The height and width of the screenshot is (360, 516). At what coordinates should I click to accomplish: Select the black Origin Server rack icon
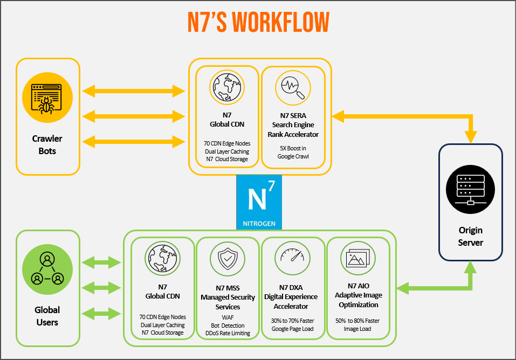pyautogui.click(x=470, y=190)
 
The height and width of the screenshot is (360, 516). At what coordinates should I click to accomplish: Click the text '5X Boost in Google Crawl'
pyautogui.click(x=293, y=152)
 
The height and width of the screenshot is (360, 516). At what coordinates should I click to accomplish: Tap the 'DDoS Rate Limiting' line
pyautogui.click(x=228, y=333)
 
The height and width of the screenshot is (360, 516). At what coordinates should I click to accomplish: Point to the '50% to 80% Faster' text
pyautogui.click(x=358, y=321)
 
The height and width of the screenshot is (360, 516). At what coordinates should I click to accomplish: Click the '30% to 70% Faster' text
pyautogui.click(x=293, y=321)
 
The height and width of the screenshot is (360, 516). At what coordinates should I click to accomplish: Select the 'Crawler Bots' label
pyautogui.click(x=47, y=145)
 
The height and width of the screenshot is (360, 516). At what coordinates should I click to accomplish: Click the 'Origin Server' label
pyautogui.click(x=470, y=237)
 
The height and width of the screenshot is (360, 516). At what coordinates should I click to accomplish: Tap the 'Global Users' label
pyautogui.click(x=47, y=316)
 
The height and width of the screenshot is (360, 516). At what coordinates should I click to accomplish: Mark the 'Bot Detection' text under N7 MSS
pyautogui.click(x=228, y=326)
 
